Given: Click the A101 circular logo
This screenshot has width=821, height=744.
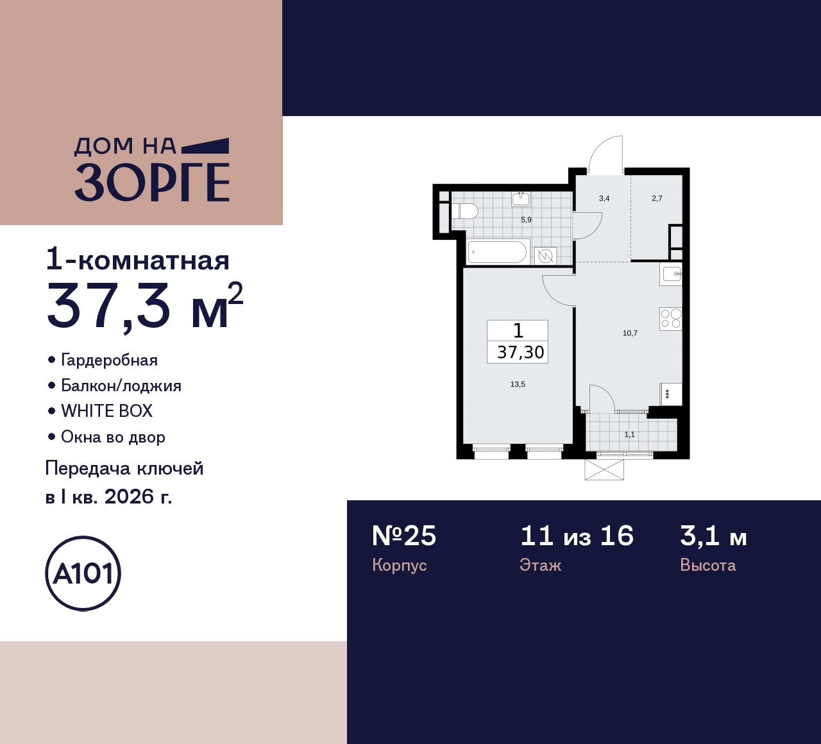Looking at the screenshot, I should click(x=83, y=573).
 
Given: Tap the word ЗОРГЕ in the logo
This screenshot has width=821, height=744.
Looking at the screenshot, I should click(x=152, y=183).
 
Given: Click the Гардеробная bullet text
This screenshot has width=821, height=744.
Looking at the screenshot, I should click(x=109, y=360).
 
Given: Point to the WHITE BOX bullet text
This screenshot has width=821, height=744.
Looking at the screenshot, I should click(x=106, y=411).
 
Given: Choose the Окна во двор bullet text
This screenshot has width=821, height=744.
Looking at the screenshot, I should click(x=113, y=437).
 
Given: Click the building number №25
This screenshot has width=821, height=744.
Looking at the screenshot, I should click(x=404, y=536).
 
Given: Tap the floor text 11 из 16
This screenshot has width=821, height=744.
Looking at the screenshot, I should click(x=577, y=536).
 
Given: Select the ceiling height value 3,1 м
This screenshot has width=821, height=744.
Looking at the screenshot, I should click(x=713, y=536).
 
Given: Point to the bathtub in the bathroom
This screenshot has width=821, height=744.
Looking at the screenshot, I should click(x=498, y=252).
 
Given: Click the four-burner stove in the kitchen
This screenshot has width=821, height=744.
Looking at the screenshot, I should click(x=670, y=319).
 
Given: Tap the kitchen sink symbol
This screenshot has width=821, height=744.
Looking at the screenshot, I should click(x=672, y=275).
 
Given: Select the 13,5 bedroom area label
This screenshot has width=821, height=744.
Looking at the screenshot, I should click(x=518, y=384).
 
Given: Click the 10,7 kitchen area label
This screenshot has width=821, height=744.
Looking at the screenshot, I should click(x=630, y=333).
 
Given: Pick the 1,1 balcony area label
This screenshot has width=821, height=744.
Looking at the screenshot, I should click(x=629, y=434).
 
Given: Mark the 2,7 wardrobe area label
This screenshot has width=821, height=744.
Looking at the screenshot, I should click(x=657, y=198).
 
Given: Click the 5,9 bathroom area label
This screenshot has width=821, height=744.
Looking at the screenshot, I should click(x=526, y=219).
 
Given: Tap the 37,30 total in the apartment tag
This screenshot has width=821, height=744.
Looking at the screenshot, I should click(x=520, y=352).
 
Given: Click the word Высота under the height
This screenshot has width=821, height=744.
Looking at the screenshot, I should click(x=707, y=565).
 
